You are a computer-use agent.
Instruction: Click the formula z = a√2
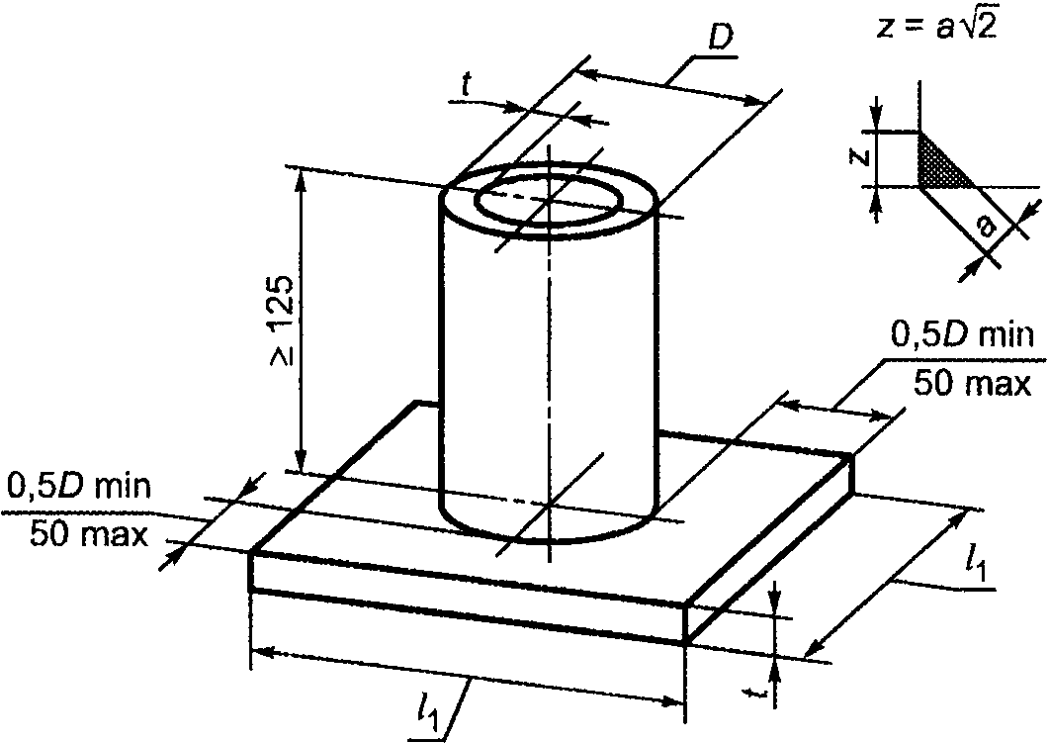936,28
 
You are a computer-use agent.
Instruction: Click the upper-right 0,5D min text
962,334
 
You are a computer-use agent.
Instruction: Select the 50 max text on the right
973,384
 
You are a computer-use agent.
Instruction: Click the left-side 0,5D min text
79,486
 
